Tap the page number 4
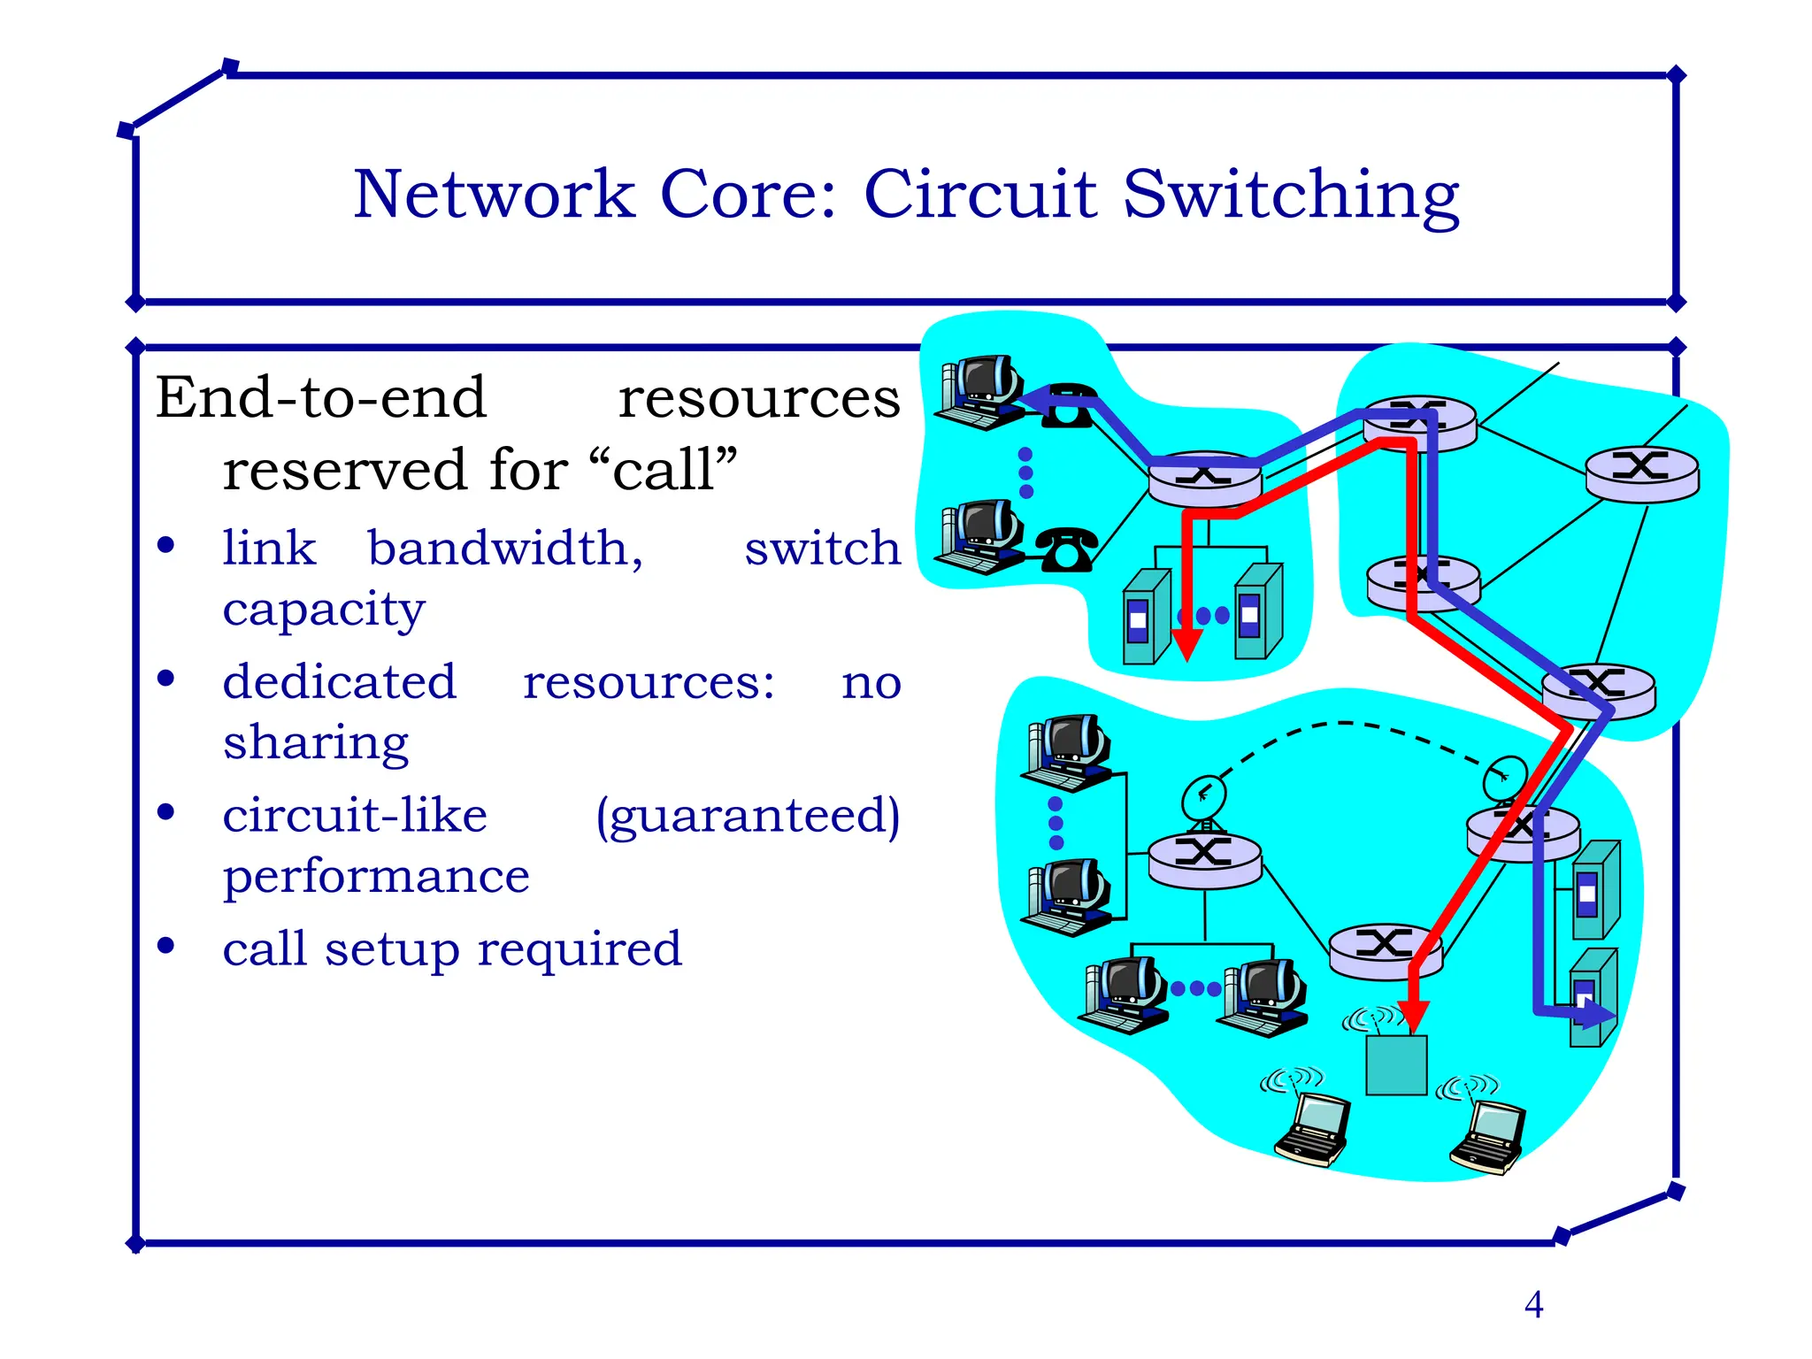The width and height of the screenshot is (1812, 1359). click(1533, 1305)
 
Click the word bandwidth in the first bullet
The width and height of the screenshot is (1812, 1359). click(505, 549)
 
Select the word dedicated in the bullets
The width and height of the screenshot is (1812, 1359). click(339, 682)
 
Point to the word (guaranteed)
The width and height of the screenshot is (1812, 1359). click(748, 816)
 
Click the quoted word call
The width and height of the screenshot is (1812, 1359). click(664, 470)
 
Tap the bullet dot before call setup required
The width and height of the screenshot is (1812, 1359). click(165, 946)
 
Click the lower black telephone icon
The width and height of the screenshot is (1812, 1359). click(1066, 549)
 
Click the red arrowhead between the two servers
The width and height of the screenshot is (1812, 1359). click(1186, 643)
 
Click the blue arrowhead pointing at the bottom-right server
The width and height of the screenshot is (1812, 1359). click(1598, 1014)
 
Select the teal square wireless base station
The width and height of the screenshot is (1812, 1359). click(1396, 1065)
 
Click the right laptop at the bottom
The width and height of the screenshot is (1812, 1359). click(1489, 1138)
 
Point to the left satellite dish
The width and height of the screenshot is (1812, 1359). click(1204, 796)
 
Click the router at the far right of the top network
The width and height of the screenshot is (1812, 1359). click(1641, 474)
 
